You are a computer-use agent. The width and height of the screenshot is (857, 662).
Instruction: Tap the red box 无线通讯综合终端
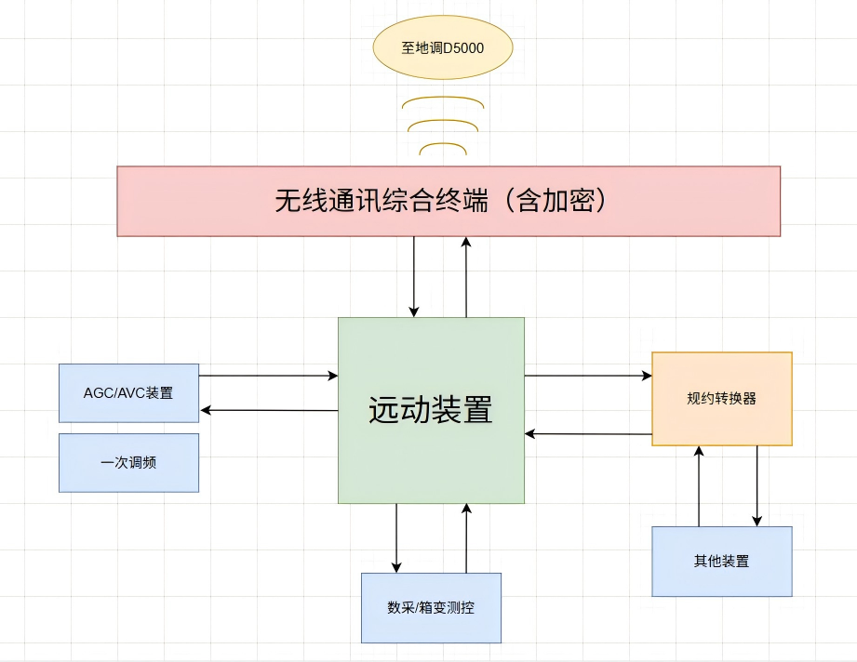coord(448,201)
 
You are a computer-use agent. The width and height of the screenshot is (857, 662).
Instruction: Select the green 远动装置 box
coord(431,410)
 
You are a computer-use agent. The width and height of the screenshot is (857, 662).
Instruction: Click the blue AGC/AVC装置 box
coord(128,392)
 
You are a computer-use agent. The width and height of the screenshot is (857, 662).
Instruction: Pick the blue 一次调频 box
coord(128,462)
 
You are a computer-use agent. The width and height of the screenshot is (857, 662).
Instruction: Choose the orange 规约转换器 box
coord(721,399)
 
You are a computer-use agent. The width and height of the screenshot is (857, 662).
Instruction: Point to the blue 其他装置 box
coord(721,562)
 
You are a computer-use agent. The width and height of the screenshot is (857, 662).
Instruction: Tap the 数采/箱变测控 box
coord(431,608)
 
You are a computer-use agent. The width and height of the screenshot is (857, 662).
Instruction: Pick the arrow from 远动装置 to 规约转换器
coord(588,376)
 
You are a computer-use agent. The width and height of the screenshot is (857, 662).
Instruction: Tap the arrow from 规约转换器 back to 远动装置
coord(588,433)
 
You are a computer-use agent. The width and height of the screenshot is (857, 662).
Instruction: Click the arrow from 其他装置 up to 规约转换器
coord(699,486)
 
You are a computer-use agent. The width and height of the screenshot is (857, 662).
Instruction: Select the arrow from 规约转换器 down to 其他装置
coord(757,486)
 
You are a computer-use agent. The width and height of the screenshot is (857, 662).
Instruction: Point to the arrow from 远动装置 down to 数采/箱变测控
coord(397,538)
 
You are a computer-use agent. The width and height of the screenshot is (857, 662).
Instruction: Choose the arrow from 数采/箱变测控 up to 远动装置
coord(466,538)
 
